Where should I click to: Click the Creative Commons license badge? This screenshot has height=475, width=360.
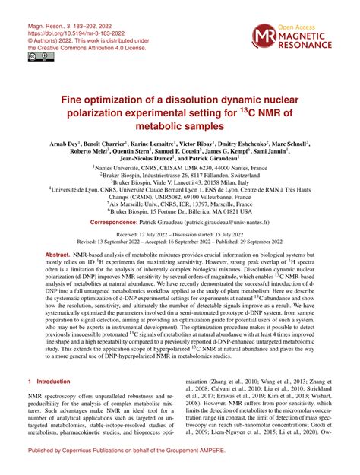click(x=36, y=56)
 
